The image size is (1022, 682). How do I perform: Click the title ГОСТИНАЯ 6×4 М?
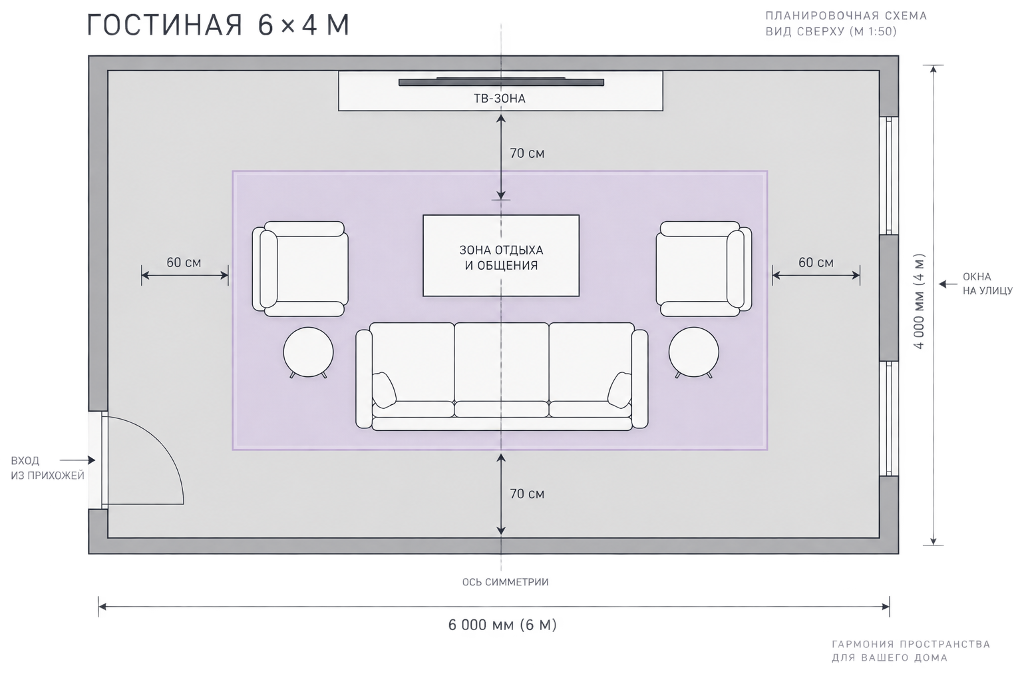click(x=218, y=25)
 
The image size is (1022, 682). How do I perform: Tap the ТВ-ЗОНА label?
click(x=500, y=99)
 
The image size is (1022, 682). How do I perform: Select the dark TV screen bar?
click(x=501, y=82)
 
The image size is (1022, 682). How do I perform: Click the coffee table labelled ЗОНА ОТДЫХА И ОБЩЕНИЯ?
click(x=501, y=256)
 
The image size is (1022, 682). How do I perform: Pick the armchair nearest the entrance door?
click(x=300, y=269)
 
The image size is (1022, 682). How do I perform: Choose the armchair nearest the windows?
click(x=704, y=269)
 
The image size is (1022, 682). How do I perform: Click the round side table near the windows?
click(x=693, y=352)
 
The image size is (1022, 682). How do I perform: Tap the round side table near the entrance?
click(x=309, y=352)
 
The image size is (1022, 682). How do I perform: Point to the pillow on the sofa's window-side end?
click(x=619, y=390)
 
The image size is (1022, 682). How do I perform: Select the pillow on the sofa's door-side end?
click(x=384, y=390)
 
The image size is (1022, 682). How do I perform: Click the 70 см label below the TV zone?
click(x=527, y=153)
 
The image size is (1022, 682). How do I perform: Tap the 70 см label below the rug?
click(x=527, y=494)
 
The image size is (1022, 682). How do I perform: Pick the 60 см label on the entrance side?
click(x=184, y=262)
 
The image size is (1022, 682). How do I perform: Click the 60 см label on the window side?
click(x=816, y=262)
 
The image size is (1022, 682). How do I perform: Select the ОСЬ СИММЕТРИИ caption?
click(x=505, y=582)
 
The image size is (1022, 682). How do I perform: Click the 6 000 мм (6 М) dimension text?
click(x=502, y=625)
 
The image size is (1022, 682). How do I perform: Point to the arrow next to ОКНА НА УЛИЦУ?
click(x=947, y=284)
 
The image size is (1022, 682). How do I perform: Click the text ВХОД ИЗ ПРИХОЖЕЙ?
click(x=47, y=468)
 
